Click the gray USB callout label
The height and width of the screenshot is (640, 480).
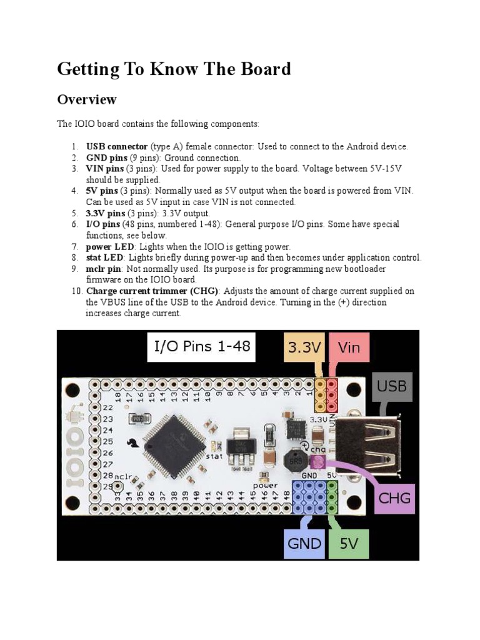(x=392, y=387)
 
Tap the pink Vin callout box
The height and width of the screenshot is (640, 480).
(x=348, y=347)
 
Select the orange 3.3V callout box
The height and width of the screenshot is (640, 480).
(x=304, y=347)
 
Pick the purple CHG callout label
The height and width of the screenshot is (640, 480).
(x=395, y=498)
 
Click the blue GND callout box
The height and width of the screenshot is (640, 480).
(x=304, y=542)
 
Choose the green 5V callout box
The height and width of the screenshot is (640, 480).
(x=348, y=542)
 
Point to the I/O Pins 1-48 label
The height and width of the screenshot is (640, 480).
(x=202, y=346)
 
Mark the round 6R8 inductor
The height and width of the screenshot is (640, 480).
(x=292, y=461)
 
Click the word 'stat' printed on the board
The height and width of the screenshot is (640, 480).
(x=214, y=456)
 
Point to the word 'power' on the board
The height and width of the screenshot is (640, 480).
(x=265, y=485)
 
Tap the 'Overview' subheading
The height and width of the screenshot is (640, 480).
(x=87, y=99)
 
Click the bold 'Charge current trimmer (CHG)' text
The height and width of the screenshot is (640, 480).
(x=153, y=291)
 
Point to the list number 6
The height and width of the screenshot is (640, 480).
(x=74, y=224)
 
